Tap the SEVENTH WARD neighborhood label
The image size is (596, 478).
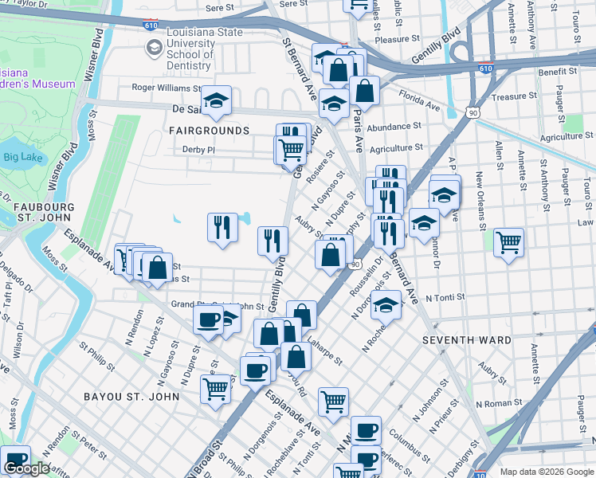pyautogui.click(x=466, y=340)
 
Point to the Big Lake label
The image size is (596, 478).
pyautogui.click(x=22, y=157)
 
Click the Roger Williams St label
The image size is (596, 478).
pyautogui.click(x=167, y=88)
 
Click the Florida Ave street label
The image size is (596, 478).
pyautogui.click(x=420, y=105)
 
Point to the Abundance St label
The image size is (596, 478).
pyautogui.click(x=394, y=126)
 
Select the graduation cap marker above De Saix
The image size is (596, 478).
pyautogui.click(x=215, y=100)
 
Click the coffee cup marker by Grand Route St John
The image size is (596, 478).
pyautogui.click(x=209, y=319)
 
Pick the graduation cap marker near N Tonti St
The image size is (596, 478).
pyautogui.click(x=386, y=304)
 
